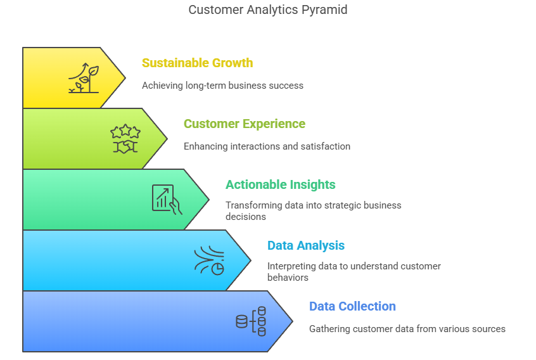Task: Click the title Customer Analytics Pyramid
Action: (267, 10)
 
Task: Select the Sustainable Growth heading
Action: (197, 63)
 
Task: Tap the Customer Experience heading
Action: (245, 124)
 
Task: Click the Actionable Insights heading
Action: (280, 184)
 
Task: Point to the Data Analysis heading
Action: (306, 245)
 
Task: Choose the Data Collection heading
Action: (352, 306)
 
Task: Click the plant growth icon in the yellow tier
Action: (84, 78)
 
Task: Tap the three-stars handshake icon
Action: (125, 138)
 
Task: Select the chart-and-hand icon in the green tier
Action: (167, 200)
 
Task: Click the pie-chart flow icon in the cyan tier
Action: (209, 260)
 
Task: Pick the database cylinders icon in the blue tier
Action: (251, 321)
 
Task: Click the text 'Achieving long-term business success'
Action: (222, 86)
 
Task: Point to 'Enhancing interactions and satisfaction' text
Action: (267, 146)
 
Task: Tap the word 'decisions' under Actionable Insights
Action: (245, 217)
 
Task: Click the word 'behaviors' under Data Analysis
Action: (288, 278)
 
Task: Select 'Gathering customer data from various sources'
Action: (407, 329)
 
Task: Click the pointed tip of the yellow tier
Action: (125, 78)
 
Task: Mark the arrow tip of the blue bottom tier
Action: (293, 321)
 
